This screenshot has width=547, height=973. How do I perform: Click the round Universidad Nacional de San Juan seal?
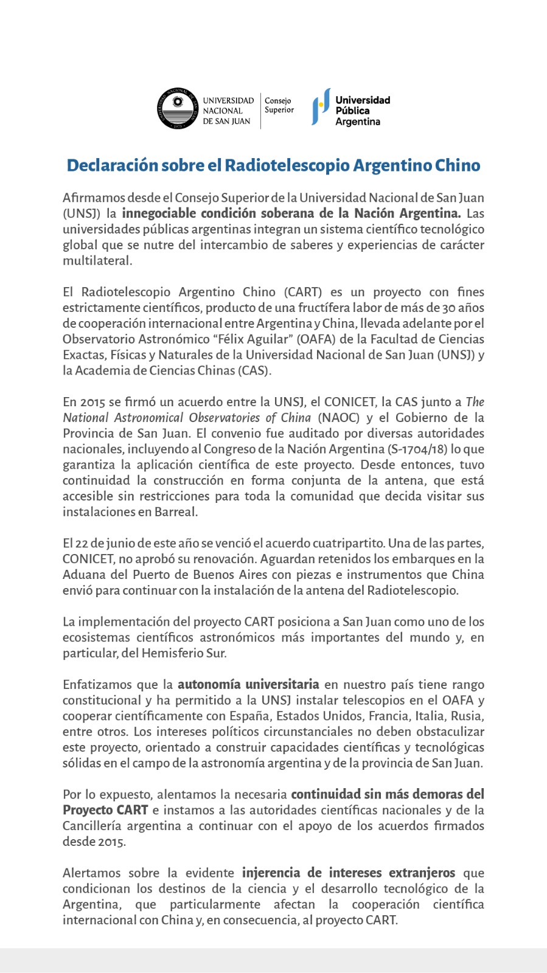178,109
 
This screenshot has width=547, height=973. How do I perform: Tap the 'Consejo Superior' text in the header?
279,105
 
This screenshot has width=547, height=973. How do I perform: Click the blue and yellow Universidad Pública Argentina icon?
321,107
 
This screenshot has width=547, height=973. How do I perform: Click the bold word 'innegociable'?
159,213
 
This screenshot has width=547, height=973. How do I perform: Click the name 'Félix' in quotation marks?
268,339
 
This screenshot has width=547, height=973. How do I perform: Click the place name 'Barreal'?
176,512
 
